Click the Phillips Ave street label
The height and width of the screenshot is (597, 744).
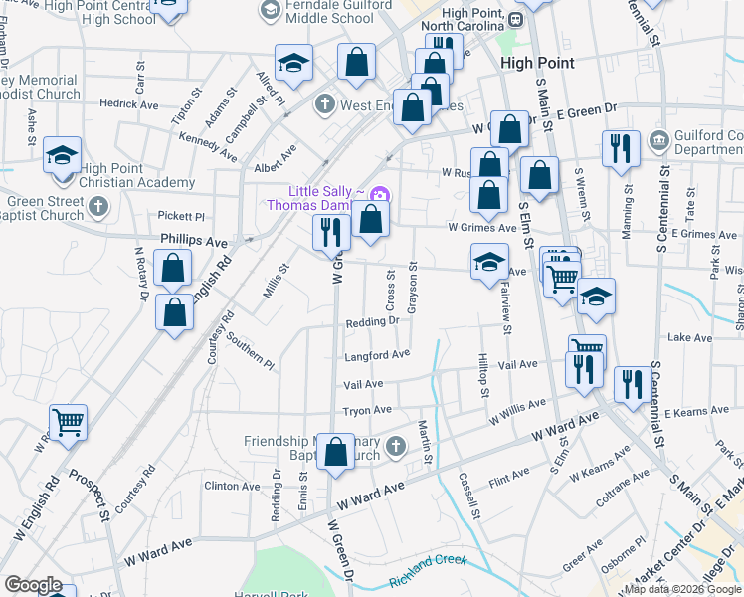click(x=194, y=242)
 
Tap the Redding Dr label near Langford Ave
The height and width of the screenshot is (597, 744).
click(x=372, y=321)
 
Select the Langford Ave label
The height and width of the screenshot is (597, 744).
click(x=377, y=355)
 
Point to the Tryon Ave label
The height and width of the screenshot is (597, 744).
click(x=367, y=410)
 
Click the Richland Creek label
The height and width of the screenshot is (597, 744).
click(x=428, y=560)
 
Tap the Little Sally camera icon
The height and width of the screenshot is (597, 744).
click(x=378, y=193)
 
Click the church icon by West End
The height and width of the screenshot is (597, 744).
click(x=325, y=103)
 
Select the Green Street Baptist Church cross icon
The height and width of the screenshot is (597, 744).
click(x=96, y=206)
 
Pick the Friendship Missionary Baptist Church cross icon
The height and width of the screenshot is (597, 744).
click(x=396, y=445)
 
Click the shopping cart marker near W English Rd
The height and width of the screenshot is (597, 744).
click(x=68, y=422)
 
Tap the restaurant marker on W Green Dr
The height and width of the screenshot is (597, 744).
click(x=331, y=232)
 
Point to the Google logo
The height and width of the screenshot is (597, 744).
click(x=33, y=585)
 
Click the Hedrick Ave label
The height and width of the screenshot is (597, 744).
click(x=128, y=103)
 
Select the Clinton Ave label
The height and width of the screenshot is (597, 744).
click(x=230, y=486)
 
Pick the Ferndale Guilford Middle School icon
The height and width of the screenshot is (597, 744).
click(x=270, y=10)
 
